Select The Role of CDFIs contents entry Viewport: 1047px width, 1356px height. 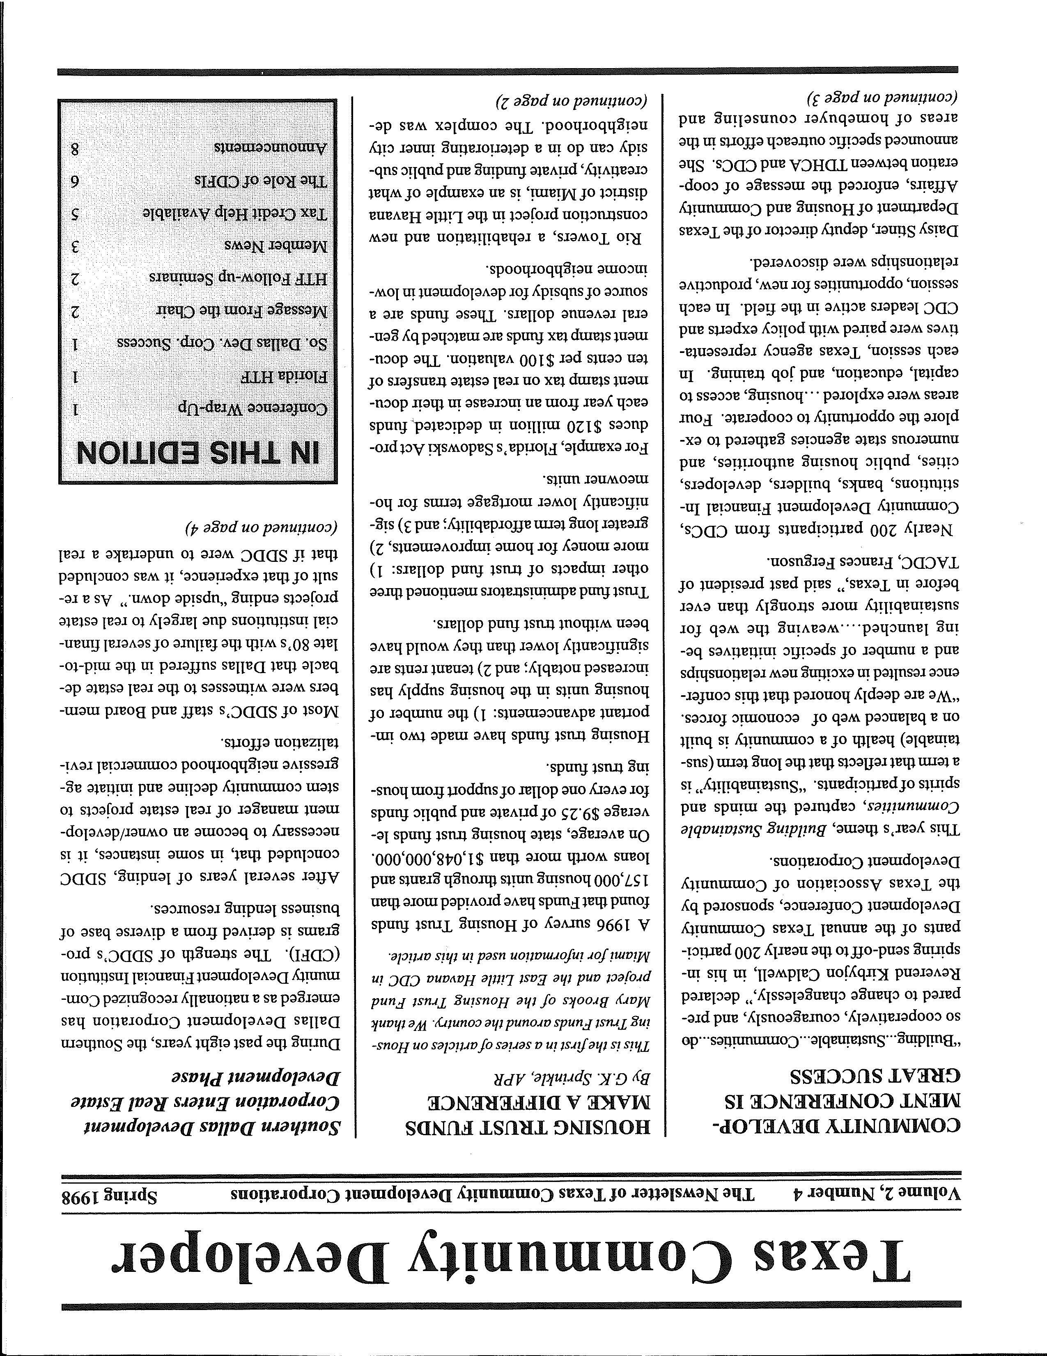pos(261,181)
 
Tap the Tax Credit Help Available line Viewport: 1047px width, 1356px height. pos(236,213)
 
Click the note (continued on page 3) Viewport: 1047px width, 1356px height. pos(882,98)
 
